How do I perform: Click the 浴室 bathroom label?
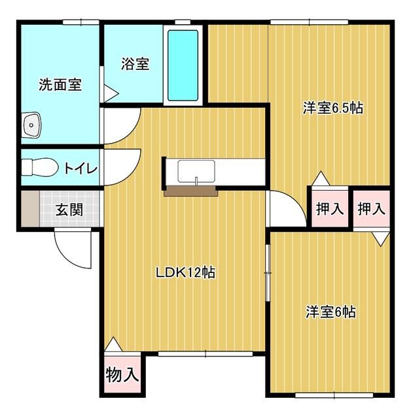pos(135,64)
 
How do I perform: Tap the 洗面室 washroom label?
pos(60,85)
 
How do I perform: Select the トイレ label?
pos(80,169)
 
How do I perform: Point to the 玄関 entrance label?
pos(69,210)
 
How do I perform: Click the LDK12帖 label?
pos(185,272)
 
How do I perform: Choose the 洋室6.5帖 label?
pos(333,108)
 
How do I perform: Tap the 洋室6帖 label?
pos(331,312)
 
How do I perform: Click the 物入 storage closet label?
pos(122,374)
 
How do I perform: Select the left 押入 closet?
pos(330,208)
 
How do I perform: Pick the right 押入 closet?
pos(372,208)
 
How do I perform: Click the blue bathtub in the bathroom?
pos(183,65)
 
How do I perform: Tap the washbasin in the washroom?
pos(31,125)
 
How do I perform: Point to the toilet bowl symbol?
pos(39,167)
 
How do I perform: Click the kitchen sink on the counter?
pos(196,171)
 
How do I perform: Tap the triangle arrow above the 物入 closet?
pos(113,344)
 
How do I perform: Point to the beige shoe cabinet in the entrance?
pos(31,209)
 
